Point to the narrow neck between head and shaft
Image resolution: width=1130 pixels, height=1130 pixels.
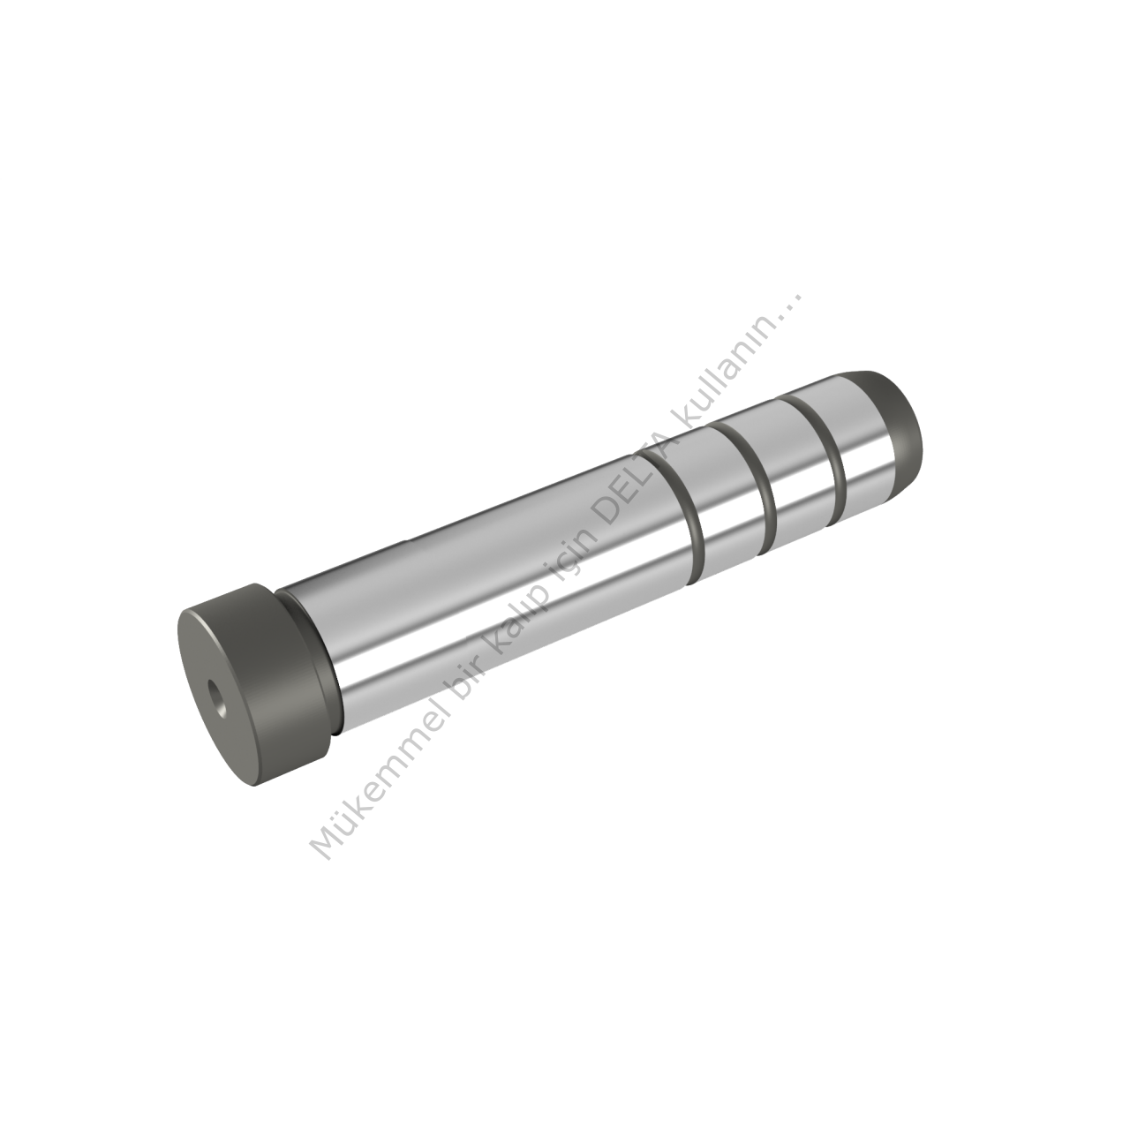[311, 663]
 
